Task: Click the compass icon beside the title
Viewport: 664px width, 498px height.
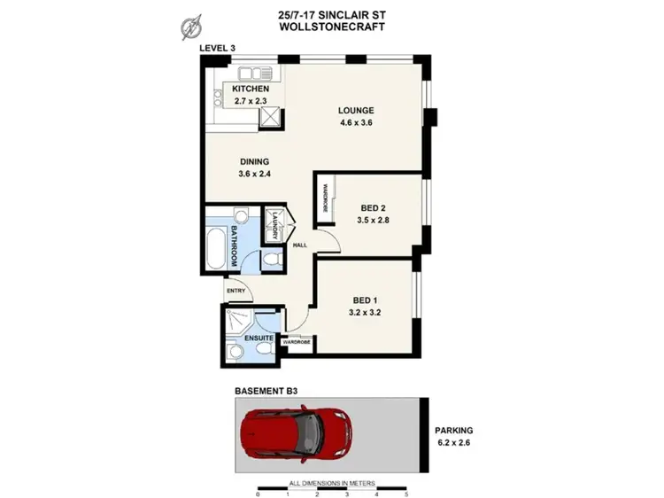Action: point(189,27)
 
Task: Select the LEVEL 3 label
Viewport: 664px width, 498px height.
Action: point(217,47)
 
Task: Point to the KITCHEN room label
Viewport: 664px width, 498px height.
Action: point(251,89)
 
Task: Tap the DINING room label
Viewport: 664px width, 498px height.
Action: point(253,161)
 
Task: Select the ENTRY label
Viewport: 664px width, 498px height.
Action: point(235,291)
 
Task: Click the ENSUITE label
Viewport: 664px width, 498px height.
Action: point(258,338)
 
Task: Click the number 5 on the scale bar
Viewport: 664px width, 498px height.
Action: point(406,493)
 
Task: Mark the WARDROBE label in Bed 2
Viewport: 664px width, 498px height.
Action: point(325,196)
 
